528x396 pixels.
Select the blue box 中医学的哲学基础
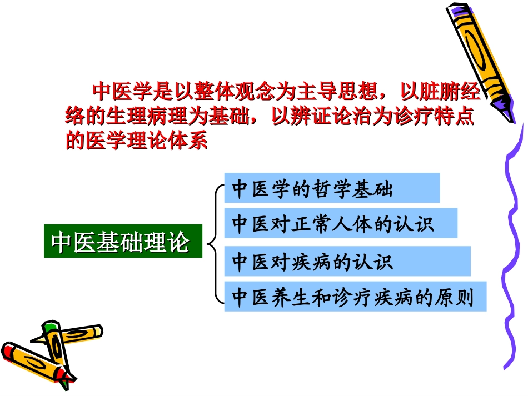(x=332, y=188)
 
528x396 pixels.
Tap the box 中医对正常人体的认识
(x=341, y=224)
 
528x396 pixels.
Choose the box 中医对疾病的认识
(x=347, y=261)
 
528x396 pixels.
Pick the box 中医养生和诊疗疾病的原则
(x=355, y=297)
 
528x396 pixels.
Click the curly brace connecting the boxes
(x=214, y=243)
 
